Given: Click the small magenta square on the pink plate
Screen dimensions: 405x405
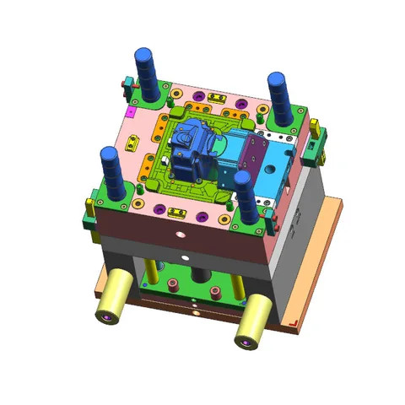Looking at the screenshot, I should pos(132,110).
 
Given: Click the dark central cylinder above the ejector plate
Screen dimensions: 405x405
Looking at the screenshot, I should pos(201,274).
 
